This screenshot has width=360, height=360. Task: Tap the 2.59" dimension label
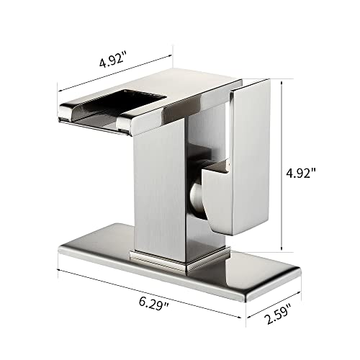click(278, 313)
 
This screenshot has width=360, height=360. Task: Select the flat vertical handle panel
click(250, 157)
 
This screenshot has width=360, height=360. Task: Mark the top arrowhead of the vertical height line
click(282, 83)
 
